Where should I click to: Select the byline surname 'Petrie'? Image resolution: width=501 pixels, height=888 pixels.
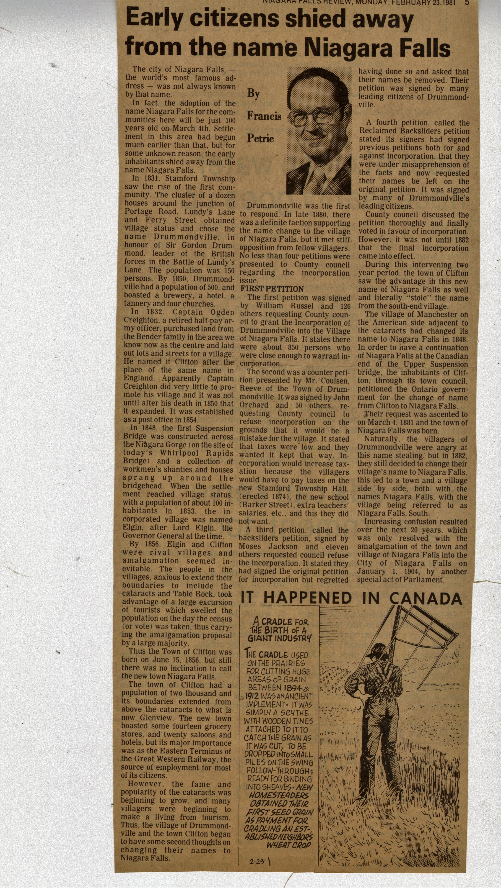(260, 139)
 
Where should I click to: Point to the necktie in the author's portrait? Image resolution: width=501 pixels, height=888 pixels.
(320, 179)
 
